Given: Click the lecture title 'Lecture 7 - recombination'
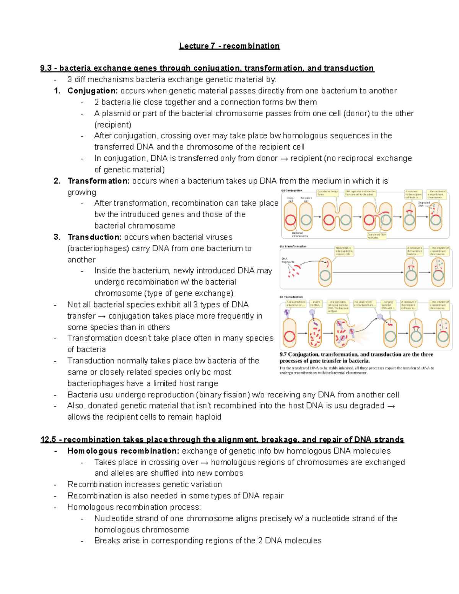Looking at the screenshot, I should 229,46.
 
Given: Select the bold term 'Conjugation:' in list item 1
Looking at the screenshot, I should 92,91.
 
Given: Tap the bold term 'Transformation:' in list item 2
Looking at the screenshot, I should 98,181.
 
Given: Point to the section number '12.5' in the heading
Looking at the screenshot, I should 48,439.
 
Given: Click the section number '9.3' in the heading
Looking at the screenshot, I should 46,68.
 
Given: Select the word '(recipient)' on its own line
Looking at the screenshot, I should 112,125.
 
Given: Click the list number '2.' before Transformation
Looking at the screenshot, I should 57,181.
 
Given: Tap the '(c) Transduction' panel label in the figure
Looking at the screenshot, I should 291,297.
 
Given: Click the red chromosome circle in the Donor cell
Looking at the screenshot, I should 290,220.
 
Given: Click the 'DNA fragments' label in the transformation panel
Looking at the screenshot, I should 288,260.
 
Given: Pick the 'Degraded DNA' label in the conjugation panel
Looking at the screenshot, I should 423,204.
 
